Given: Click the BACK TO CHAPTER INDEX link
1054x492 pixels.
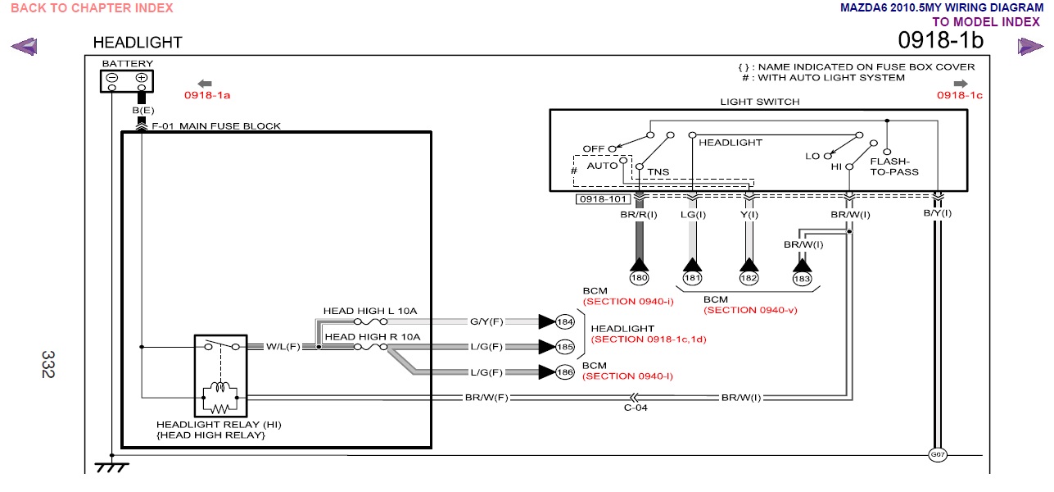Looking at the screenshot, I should pyautogui.click(x=92, y=8).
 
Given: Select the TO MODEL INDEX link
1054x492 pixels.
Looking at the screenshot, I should pyautogui.click(x=985, y=22).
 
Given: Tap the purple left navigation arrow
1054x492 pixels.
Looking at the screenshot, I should pyautogui.click(x=24, y=47).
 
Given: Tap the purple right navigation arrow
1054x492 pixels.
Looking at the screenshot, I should pyautogui.click(x=1030, y=47).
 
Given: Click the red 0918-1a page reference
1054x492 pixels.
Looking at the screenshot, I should pyautogui.click(x=207, y=95).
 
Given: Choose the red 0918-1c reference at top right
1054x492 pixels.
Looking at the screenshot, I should pyautogui.click(x=959, y=95).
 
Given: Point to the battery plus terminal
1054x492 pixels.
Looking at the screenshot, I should pyautogui.click(x=142, y=78).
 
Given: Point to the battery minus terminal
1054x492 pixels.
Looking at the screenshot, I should pyautogui.click(x=112, y=78).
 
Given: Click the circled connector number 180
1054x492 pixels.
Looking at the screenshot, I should pyautogui.click(x=639, y=278).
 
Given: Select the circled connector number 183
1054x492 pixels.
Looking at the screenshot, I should pyautogui.click(x=803, y=278).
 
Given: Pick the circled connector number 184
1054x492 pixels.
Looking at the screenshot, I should pyautogui.click(x=565, y=321).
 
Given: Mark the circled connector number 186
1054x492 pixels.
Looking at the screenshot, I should pyautogui.click(x=565, y=372).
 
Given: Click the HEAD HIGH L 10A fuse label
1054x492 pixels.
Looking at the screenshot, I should pyautogui.click(x=370, y=311).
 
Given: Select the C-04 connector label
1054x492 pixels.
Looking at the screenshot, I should pyautogui.click(x=635, y=408).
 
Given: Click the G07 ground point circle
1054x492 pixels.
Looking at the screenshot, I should pyautogui.click(x=937, y=454).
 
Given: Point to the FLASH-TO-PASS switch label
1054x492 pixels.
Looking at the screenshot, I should pyautogui.click(x=893, y=166).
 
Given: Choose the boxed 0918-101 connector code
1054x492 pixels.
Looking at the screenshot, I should pyautogui.click(x=604, y=199).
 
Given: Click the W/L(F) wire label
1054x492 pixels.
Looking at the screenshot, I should pyautogui.click(x=283, y=347).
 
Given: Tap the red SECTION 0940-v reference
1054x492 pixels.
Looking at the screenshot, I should pyautogui.click(x=750, y=310).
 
